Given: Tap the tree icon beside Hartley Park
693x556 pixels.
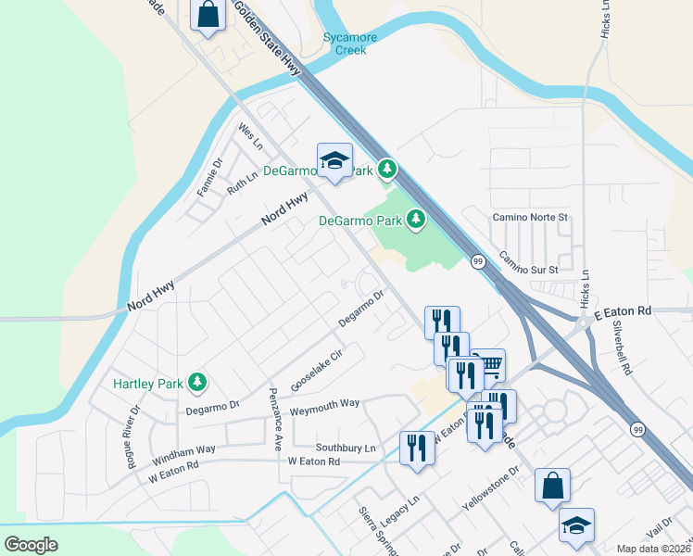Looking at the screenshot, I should [x=197, y=382].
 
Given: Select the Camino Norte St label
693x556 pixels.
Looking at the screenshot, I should [x=527, y=217].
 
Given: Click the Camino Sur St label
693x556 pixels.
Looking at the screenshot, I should [x=530, y=262].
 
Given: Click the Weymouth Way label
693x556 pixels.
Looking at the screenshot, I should [x=324, y=405].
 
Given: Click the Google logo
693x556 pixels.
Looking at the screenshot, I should [x=31, y=544].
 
